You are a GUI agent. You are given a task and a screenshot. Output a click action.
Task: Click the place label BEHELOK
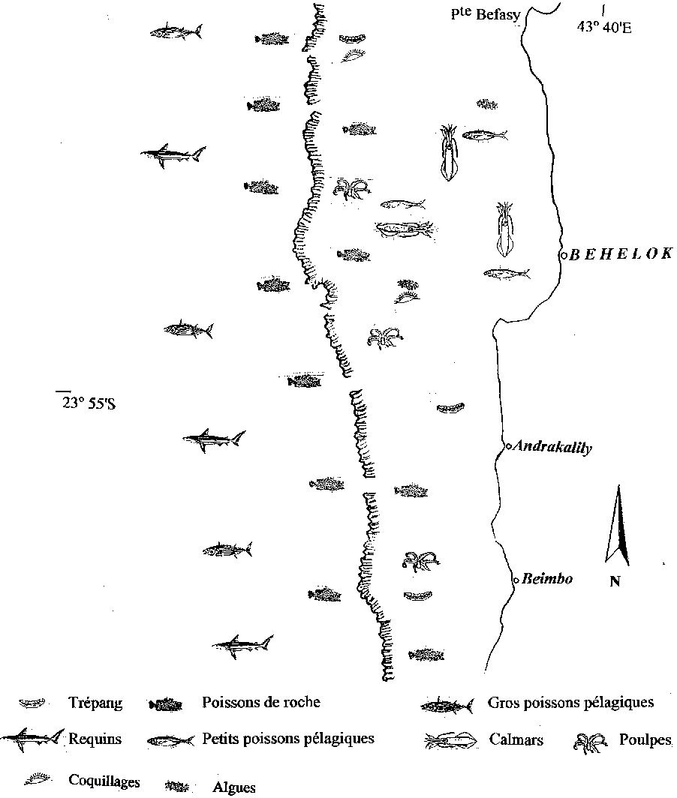[x=621, y=254]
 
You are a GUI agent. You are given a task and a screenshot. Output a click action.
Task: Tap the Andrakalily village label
[x=552, y=447]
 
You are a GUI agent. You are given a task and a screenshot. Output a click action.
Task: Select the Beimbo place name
[x=548, y=579]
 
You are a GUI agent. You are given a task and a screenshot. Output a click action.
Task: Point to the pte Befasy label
[x=486, y=14]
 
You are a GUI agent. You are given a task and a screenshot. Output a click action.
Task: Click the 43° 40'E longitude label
[x=604, y=27]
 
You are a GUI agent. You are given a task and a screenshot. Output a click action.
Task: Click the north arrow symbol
[x=618, y=525]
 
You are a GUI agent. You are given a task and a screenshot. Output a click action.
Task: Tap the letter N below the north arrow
[x=615, y=581]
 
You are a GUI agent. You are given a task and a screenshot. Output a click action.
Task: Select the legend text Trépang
[x=95, y=703]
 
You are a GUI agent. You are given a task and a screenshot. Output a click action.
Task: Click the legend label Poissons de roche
[x=261, y=702]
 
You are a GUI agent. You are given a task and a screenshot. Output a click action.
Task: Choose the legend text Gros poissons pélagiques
[x=570, y=703]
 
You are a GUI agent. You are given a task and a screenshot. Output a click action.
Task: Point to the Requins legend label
[x=95, y=739]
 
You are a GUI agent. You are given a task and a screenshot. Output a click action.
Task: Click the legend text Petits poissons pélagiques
[x=288, y=739]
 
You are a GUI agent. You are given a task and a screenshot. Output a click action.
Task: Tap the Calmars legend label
[x=516, y=739]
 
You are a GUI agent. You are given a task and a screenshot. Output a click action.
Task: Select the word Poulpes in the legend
[x=645, y=740]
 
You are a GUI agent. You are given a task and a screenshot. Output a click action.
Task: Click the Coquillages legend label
[x=104, y=781]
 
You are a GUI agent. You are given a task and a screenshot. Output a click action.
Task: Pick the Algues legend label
[x=234, y=787]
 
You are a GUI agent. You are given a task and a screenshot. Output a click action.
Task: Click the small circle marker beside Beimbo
[x=516, y=580]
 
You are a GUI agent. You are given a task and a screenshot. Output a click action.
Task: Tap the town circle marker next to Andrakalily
[x=508, y=446]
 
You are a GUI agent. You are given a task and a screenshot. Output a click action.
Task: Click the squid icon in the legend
[x=451, y=740]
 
